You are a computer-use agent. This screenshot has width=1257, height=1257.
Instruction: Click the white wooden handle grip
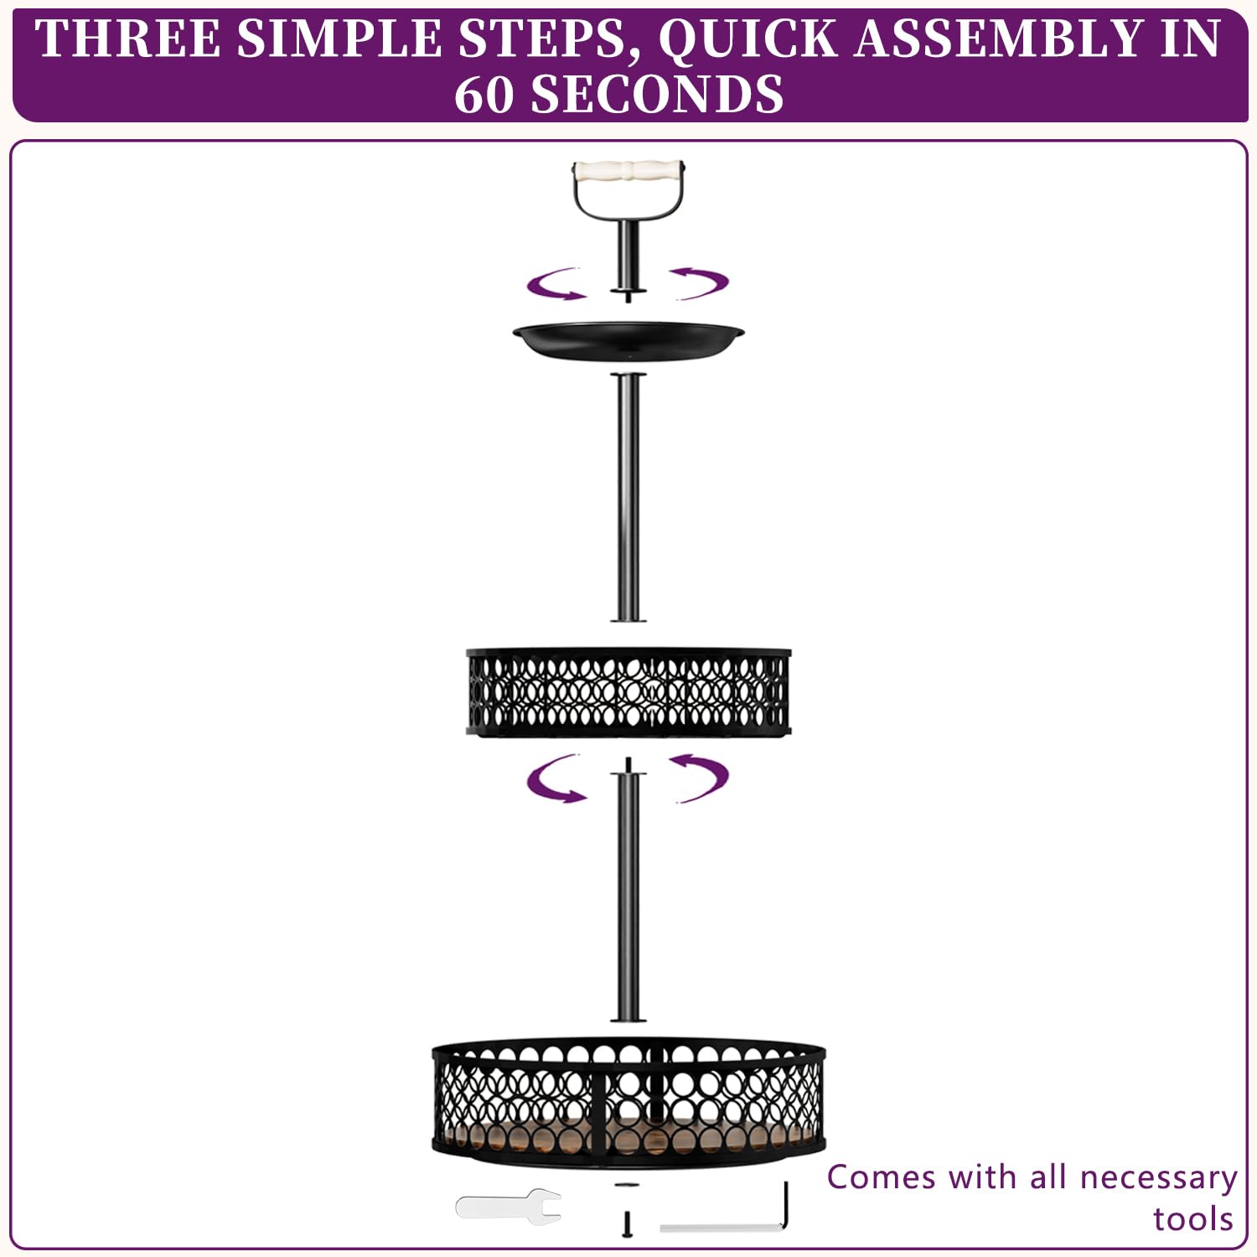pos(628,172)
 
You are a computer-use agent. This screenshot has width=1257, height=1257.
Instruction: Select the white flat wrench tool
pos(509,1206)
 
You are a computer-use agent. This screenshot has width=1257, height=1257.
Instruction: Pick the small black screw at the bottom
pos(626,1223)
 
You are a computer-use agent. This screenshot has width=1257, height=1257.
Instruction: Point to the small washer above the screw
pos(626,1185)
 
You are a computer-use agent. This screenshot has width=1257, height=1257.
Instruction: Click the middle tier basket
pos(628,692)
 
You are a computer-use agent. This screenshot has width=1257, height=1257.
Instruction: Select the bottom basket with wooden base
pos(628,1103)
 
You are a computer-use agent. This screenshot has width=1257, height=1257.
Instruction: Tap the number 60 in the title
pos(484,94)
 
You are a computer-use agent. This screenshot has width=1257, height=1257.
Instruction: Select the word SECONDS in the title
pos(658,94)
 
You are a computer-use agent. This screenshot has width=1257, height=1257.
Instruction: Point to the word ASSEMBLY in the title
pos(997,39)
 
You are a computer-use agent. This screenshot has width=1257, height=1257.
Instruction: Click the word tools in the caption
pos(1193,1219)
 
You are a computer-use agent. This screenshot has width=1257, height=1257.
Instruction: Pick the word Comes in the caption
pos(881,1177)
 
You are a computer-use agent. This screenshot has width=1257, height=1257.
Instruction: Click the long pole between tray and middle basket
pos(628,497)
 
